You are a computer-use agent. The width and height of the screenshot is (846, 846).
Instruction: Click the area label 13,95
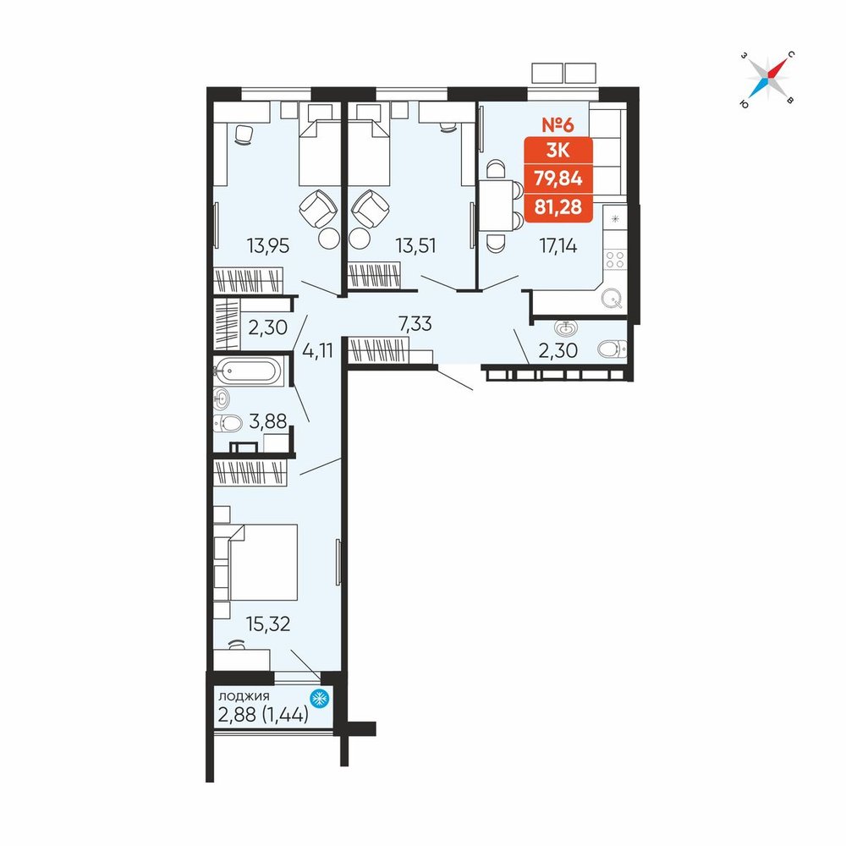click(268, 246)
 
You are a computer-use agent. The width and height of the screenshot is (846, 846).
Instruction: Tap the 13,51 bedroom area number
click(415, 246)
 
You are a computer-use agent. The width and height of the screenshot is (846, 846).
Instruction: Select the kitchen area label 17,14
click(558, 246)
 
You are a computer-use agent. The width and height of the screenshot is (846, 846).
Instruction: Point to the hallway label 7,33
click(415, 324)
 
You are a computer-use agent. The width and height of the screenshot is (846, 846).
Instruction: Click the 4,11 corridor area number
click(318, 351)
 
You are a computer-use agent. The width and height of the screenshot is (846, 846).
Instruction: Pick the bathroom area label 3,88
click(268, 421)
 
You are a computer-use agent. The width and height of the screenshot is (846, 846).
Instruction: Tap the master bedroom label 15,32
click(268, 624)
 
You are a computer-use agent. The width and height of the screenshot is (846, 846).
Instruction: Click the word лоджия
click(244, 696)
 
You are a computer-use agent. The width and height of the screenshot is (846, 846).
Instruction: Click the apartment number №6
click(558, 124)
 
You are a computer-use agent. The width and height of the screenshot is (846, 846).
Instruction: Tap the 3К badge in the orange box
click(558, 150)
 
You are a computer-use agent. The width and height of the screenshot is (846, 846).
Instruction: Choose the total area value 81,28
click(558, 206)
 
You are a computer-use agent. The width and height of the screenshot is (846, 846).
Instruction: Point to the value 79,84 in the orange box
click(558, 178)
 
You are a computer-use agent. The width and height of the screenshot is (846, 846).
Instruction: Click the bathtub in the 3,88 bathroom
click(249, 371)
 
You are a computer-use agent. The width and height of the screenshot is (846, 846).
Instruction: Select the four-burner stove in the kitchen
click(615, 259)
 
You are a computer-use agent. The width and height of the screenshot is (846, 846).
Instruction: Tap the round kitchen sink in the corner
click(612, 297)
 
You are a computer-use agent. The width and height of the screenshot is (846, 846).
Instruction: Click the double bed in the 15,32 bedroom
click(255, 562)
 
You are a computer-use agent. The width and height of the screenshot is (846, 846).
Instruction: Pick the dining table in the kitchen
click(496, 206)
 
